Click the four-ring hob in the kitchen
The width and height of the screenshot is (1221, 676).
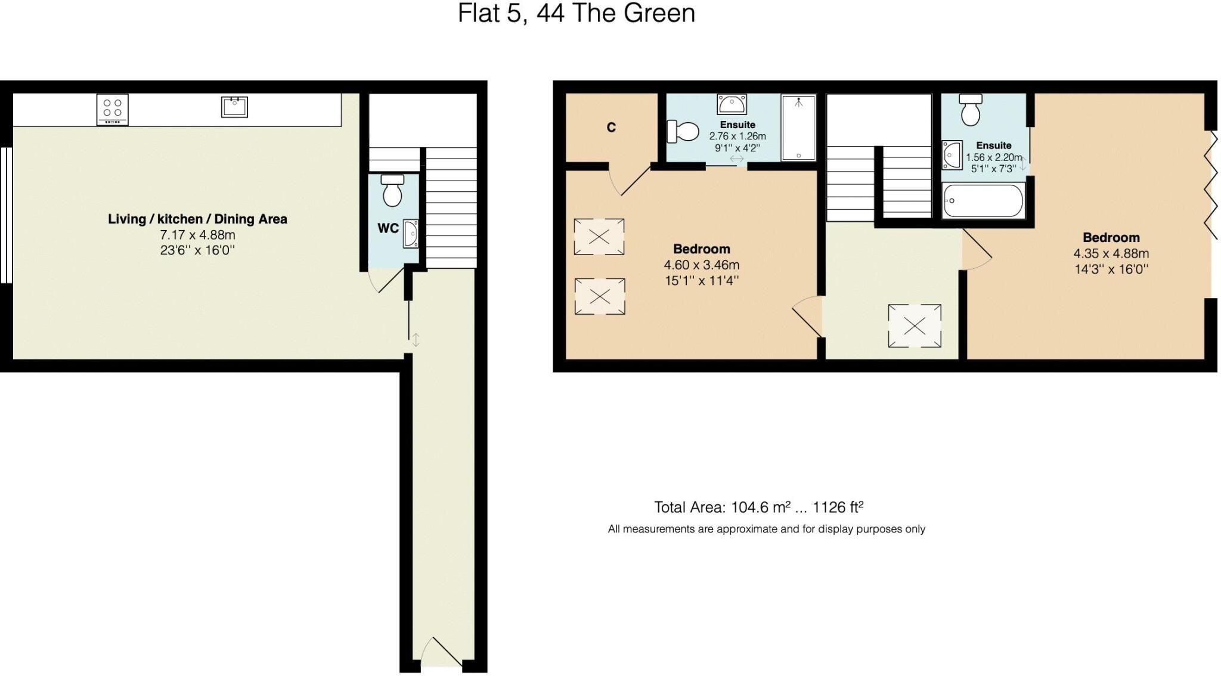(x=112, y=109)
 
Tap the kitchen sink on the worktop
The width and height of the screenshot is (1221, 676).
(x=234, y=107)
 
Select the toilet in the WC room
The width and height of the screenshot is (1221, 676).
(x=392, y=190)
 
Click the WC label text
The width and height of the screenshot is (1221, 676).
(x=388, y=228)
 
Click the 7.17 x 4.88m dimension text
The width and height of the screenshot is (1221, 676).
(x=197, y=235)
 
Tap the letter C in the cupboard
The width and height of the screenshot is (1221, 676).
(x=611, y=127)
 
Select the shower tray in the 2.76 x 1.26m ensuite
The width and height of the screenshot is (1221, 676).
(x=798, y=128)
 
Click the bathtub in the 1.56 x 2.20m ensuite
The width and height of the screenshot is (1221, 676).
(x=983, y=201)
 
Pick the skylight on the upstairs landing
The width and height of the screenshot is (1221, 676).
(x=915, y=325)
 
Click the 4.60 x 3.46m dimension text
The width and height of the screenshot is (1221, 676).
(x=702, y=265)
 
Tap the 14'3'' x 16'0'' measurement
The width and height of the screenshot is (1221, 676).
(x=1111, y=269)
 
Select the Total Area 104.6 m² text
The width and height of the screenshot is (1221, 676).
(x=758, y=507)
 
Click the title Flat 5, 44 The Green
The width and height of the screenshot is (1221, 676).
(x=576, y=13)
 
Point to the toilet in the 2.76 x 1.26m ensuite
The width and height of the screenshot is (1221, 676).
(x=683, y=131)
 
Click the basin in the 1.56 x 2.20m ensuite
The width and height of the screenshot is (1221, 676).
(x=952, y=155)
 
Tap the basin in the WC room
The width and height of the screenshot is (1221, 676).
(x=411, y=234)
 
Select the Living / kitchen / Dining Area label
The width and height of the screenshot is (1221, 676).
(x=197, y=219)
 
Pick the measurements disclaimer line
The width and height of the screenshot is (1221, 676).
(x=766, y=529)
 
